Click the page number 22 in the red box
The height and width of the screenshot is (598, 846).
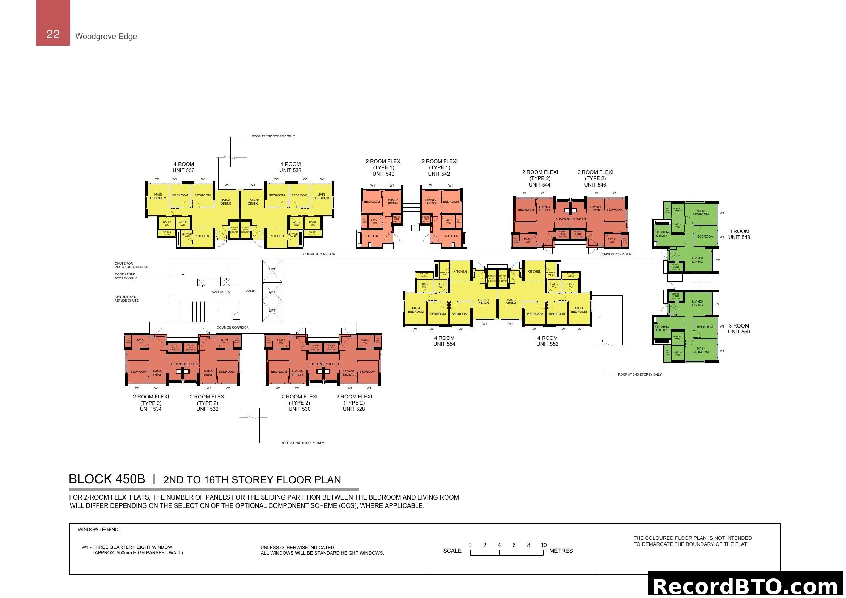53,34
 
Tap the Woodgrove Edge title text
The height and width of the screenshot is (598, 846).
106,37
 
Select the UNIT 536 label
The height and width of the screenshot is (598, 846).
183,171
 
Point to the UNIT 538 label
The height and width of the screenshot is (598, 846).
290,171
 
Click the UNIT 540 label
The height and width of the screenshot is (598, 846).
383,174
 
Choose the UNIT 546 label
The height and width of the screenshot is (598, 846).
595,185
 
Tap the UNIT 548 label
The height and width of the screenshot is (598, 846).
739,238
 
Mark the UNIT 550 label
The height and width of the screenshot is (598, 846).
739,332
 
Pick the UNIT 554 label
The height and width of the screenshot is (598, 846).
444,344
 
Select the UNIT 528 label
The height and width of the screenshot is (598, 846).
354,409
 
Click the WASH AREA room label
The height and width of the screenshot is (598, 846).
220,292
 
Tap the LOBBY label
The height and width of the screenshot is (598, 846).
251,291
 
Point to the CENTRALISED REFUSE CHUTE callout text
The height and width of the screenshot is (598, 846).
126,299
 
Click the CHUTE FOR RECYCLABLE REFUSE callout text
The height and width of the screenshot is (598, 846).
132,265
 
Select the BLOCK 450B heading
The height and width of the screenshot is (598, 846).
107,479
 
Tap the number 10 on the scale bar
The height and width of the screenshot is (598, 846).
544,545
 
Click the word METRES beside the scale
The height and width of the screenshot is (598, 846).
561,551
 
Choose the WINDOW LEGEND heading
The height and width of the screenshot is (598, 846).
99,530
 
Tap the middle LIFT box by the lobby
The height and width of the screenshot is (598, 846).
272,292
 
